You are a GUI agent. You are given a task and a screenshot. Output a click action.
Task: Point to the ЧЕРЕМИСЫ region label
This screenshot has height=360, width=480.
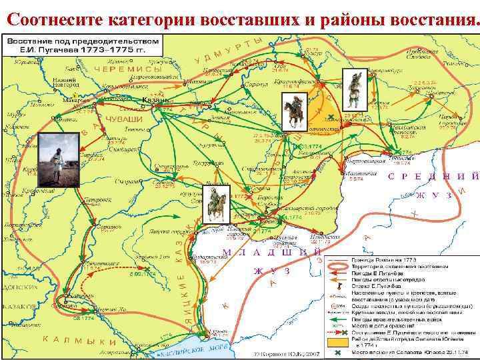click(128, 69)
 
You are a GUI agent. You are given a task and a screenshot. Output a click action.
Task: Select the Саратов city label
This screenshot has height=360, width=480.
click(104, 227)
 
